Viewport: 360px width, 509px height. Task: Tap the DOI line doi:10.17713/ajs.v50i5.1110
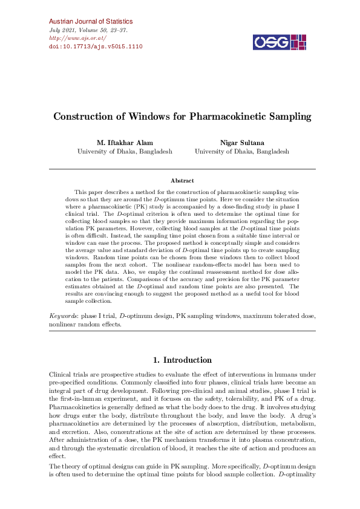click(95, 46)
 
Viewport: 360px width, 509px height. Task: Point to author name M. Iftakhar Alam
click(125, 143)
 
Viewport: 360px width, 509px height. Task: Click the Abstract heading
click(182, 180)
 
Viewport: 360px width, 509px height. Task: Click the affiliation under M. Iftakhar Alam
click(125, 151)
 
